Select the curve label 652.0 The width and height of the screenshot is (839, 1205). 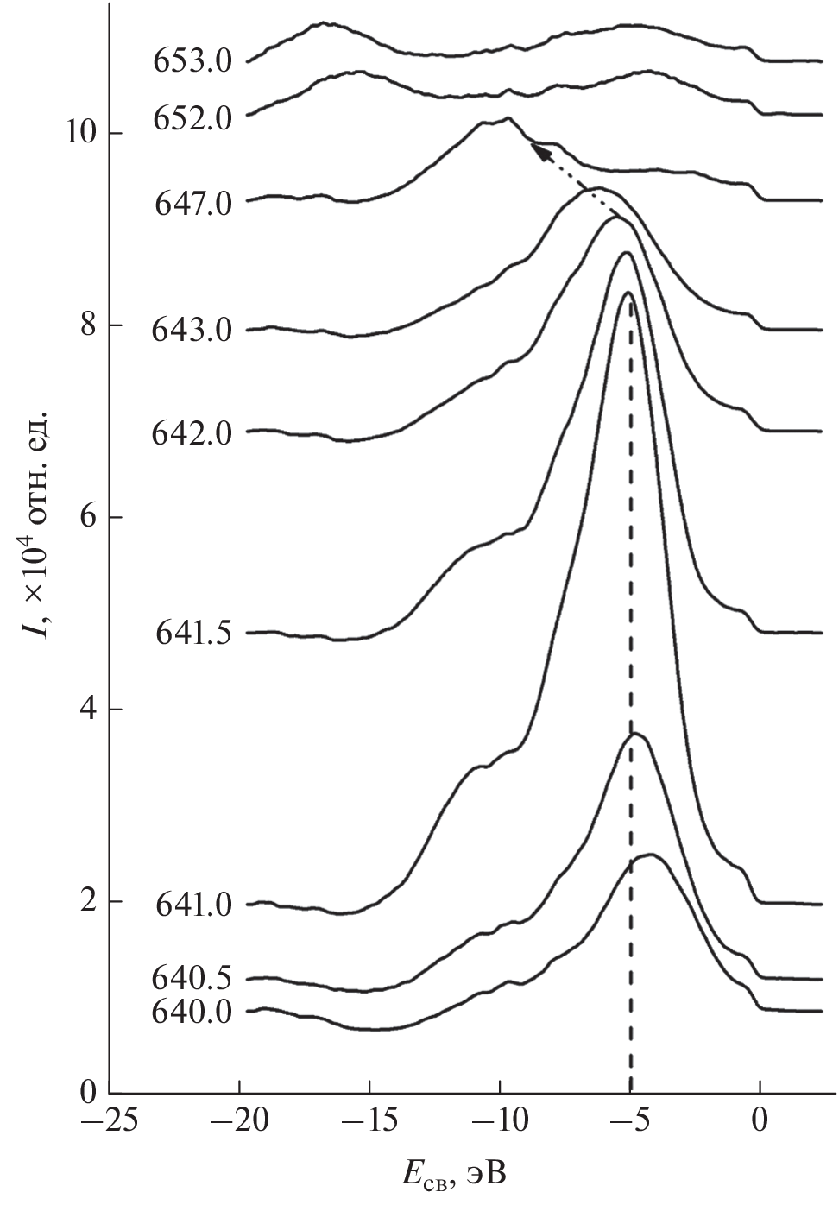[193, 118]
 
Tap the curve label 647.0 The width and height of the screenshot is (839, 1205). [193, 204]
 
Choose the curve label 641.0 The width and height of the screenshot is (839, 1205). [193, 905]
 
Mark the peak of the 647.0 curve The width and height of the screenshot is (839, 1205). [509, 118]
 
